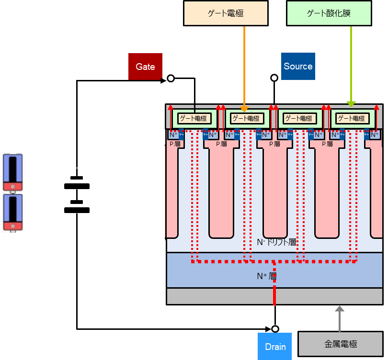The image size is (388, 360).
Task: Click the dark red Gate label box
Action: pos(145,67)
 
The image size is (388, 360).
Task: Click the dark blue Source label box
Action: pos(297,67)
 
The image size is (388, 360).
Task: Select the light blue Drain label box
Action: pos(275,347)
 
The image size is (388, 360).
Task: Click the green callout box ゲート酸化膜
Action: pos(329,13)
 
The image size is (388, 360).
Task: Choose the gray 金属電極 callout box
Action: pos(341,344)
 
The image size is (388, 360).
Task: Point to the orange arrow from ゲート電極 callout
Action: pos(244,67)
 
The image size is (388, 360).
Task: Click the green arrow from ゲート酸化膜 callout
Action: pos(351,67)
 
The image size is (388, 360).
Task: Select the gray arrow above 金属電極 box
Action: pos(340,318)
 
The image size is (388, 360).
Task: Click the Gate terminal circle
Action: pos(170,79)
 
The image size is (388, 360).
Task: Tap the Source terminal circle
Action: pos(274,78)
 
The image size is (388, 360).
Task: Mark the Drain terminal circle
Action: pos(275,329)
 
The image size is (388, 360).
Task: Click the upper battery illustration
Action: pos(13,172)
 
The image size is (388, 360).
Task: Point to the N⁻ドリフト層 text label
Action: pos(276,242)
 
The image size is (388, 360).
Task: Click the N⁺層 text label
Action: pos(266,276)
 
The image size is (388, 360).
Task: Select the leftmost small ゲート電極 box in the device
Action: pos(194,118)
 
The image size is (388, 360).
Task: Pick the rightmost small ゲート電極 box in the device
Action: pos(352,118)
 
